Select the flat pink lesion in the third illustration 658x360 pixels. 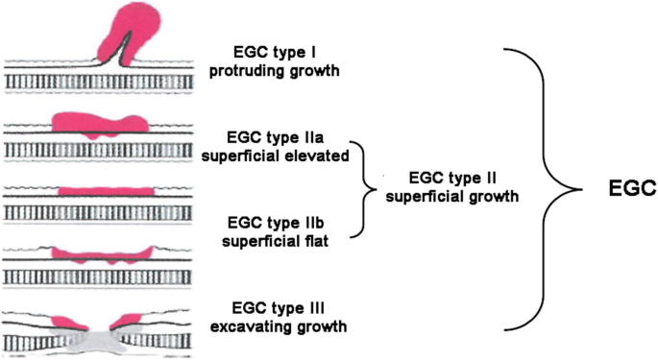pos(104,191)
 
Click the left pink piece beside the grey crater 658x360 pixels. pos(64,318)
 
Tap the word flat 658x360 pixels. pos(315,242)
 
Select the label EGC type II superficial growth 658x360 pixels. pos(451,187)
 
